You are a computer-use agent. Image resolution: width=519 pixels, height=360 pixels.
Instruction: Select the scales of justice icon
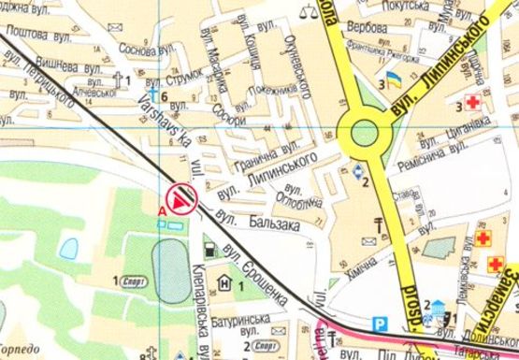point(306,13)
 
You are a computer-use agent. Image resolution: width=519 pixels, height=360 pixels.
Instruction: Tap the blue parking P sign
point(379,324)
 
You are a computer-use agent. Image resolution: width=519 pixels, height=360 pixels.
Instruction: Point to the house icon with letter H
point(224,283)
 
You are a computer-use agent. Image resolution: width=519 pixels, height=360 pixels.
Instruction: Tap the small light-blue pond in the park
point(68,248)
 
